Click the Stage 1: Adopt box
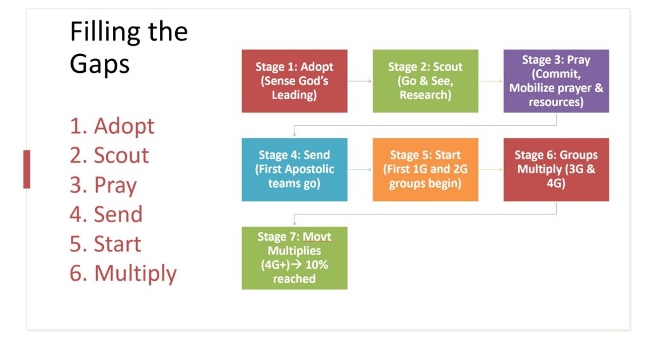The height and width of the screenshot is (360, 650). [x=295, y=81]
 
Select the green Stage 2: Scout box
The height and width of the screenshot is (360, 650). [x=425, y=81]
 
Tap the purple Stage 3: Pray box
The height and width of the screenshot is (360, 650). [x=556, y=81]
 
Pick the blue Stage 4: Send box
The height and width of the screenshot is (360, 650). [x=295, y=170]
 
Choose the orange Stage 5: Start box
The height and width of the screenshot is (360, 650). [x=425, y=170]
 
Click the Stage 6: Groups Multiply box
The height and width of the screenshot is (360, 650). [x=556, y=170]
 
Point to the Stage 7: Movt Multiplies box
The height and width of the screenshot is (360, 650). [x=295, y=258]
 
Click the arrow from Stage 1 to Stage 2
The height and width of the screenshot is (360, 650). [x=360, y=81]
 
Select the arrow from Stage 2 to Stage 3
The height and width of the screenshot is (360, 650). [x=491, y=81]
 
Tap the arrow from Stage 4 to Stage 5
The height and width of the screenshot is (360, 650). [x=360, y=170]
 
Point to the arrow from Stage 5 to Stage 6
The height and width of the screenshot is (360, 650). [x=491, y=170]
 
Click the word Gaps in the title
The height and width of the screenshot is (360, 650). [x=100, y=65]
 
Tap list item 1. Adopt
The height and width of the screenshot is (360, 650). [x=112, y=126]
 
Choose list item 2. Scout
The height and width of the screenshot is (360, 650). [x=109, y=156]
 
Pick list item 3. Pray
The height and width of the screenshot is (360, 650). [x=103, y=185]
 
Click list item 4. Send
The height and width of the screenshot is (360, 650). [x=106, y=215]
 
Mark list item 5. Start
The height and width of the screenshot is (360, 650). [x=105, y=244]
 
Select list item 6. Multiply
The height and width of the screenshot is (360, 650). [x=123, y=274]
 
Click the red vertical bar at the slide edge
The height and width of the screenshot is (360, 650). [x=27, y=170]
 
